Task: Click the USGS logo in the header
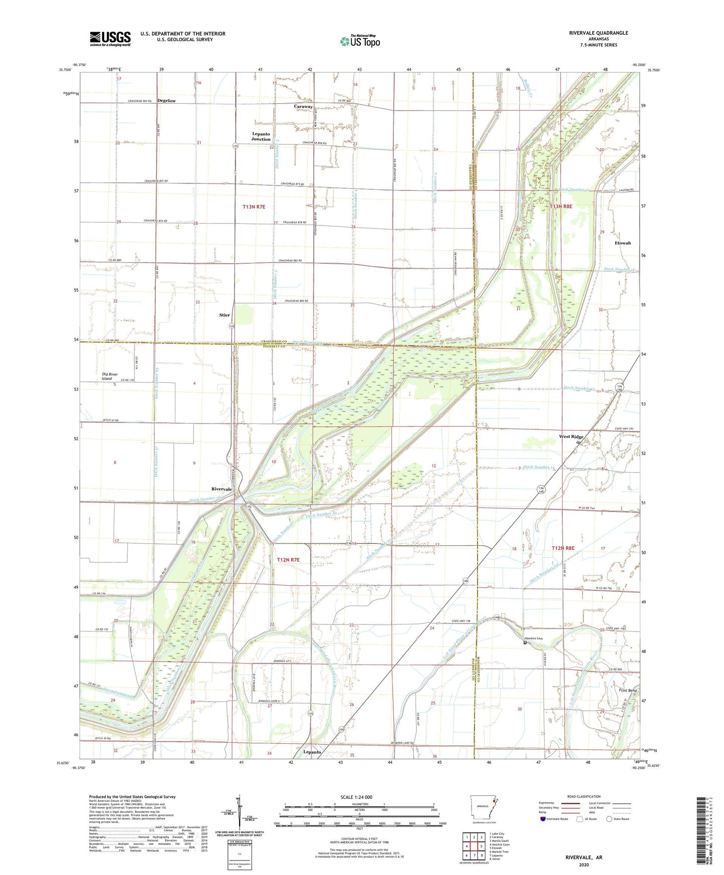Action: pos(110,38)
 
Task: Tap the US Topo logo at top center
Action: pos(359,41)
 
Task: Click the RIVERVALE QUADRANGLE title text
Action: pos(598,33)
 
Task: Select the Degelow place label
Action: pos(166,101)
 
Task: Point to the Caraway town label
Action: pos(303,107)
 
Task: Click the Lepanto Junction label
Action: pos(261,136)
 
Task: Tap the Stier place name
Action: pos(224,315)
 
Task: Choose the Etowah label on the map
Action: pos(622,243)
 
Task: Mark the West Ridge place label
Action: pos(571,436)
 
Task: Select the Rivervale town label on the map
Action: pos(221,489)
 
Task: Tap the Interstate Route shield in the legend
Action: pos(543,819)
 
